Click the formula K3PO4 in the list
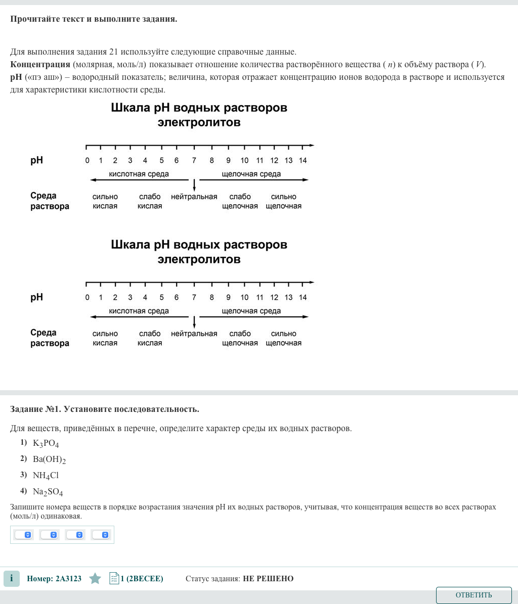click(46, 444)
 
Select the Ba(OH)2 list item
click(49, 459)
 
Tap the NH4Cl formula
click(46, 476)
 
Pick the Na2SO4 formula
click(48, 492)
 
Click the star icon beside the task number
click(95, 579)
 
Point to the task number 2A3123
click(54, 579)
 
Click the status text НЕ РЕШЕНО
click(268, 579)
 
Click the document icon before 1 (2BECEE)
click(114, 579)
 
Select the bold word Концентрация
click(40, 64)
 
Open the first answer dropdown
click(23, 535)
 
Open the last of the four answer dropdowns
click(100, 535)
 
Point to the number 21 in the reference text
click(114, 52)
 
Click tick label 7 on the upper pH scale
click(194, 161)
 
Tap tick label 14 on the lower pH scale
click(303, 297)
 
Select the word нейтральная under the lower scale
click(194, 334)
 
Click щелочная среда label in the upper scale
click(251, 174)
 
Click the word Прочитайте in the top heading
click(34, 19)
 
